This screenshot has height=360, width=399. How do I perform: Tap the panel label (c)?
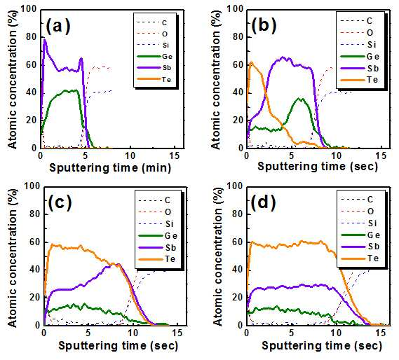click(60, 202)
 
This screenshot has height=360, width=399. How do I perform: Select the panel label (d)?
click(264, 202)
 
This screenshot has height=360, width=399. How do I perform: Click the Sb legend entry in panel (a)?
click(154, 68)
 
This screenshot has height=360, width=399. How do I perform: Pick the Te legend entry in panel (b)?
click(360, 80)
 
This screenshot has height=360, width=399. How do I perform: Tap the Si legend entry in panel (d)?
click(359, 223)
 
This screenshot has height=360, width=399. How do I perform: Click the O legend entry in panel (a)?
click(152, 34)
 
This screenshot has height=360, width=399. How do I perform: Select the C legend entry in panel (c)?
click(155, 200)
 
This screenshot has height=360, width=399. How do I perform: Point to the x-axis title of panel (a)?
click(110, 168)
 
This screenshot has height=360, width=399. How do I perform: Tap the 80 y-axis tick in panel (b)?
click(238, 37)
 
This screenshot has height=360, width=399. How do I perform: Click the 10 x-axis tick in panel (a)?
click(130, 155)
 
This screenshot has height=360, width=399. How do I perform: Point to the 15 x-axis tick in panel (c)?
click(177, 333)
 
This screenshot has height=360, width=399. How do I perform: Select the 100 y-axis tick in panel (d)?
click(235, 186)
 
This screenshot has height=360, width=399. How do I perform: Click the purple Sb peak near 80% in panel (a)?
click(45, 40)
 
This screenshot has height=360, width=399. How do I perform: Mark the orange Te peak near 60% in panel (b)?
click(252, 62)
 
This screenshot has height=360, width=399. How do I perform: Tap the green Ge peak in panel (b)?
click(302, 99)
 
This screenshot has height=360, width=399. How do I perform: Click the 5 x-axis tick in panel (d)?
click(291, 333)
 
